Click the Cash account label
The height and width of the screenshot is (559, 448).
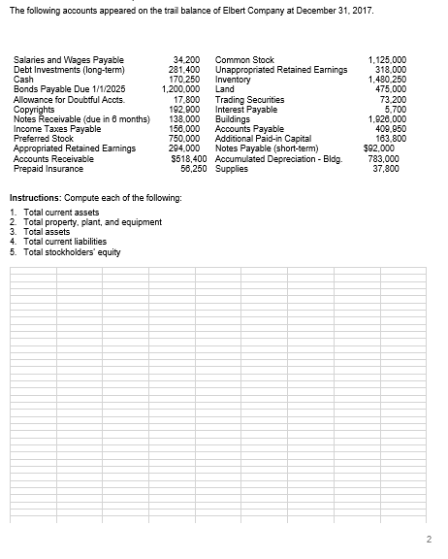tap(23, 78)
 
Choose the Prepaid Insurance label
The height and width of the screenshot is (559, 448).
tap(47, 169)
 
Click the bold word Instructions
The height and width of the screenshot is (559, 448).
tap(38, 197)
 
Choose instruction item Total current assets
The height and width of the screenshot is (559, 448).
tap(62, 211)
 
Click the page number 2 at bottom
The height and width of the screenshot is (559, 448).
tap(426, 539)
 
